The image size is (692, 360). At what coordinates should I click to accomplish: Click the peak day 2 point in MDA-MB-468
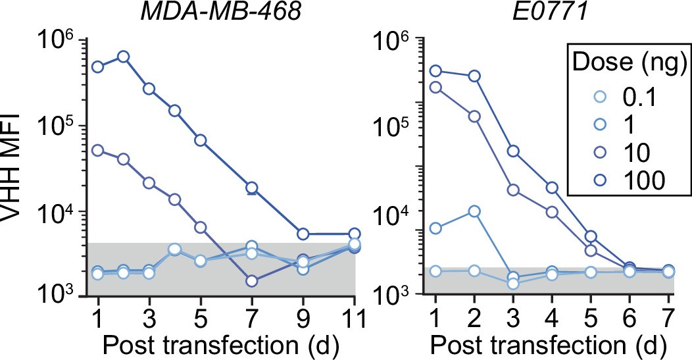[x=123, y=57]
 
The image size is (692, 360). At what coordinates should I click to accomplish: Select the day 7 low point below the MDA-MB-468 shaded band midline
[x=251, y=281]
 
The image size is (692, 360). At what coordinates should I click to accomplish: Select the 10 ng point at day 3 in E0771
[x=513, y=190]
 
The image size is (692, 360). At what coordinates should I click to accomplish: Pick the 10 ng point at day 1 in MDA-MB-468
[x=98, y=150]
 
